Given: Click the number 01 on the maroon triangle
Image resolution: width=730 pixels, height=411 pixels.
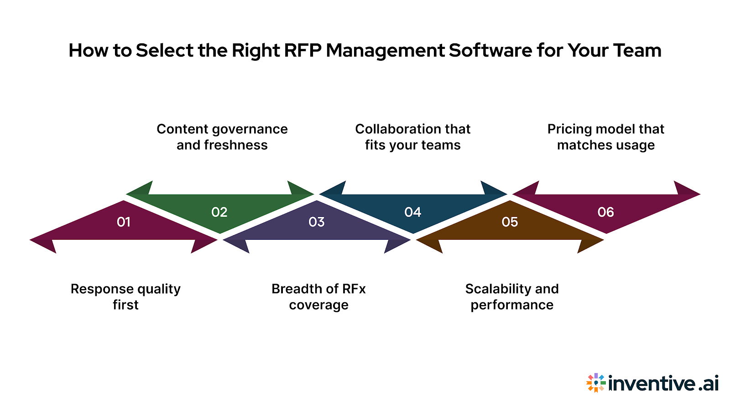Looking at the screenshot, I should point(124,222).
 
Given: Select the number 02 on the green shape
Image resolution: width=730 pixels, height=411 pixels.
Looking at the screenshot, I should point(219,212).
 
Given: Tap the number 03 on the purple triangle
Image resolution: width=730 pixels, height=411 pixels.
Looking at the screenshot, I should point(317,222).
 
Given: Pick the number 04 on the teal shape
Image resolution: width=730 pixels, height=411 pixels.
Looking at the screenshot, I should point(413,212).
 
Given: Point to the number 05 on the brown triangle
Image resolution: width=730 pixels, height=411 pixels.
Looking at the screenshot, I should point(510,222).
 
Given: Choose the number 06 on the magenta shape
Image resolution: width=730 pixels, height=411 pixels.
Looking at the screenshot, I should point(606,212).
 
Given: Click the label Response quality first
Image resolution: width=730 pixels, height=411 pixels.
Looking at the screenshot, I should point(125,297).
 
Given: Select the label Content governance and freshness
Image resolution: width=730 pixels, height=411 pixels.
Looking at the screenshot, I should point(222,137).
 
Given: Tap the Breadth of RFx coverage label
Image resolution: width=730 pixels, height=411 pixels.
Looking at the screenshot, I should point(318,297).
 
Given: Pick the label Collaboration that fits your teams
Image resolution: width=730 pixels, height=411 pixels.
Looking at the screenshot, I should point(413,137).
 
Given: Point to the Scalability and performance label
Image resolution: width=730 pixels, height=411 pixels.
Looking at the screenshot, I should point(512,297).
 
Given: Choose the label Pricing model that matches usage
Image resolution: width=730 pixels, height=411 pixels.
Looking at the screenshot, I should point(606,137).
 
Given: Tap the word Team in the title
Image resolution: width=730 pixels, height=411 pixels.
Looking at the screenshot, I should point(637,50).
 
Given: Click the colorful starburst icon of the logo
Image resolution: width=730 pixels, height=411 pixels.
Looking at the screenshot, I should point(596,383).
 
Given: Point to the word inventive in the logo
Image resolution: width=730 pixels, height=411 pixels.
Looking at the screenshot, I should point(652,383).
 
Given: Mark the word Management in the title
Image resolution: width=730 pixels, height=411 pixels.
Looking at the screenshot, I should point(386,50).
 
